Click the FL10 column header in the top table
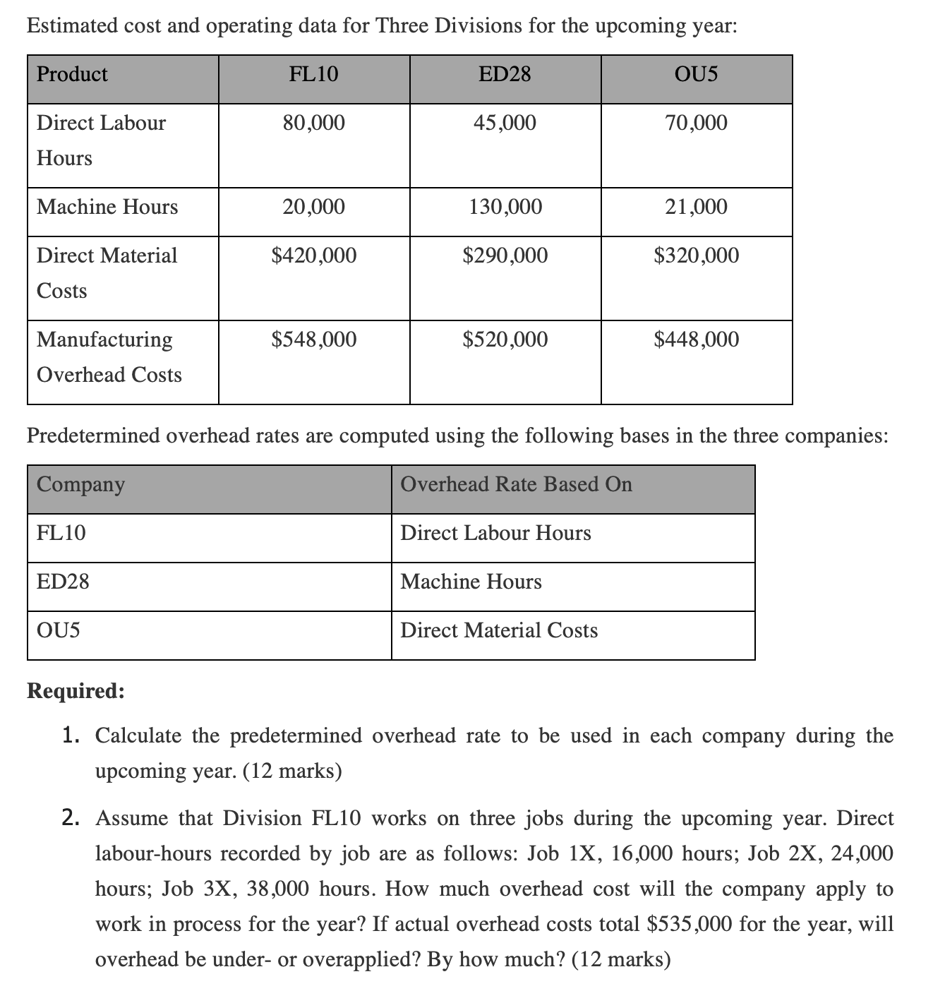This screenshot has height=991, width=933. [x=314, y=74]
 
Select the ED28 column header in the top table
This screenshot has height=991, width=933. [x=505, y=74]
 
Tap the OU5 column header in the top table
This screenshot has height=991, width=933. [x=696, y=74]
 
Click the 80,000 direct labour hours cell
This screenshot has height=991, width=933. [x=314, y=123]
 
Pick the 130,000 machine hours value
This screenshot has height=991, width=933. [x=505, y=207]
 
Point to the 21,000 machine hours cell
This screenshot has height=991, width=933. [x=696, y=207]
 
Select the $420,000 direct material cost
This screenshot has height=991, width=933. [x=314, y=256]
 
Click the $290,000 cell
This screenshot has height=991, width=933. [x=505, y=256]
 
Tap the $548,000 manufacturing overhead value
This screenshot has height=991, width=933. [x=314, y=340]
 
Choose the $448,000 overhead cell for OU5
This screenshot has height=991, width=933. [x=697, y=340]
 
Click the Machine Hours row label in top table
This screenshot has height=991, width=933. [x=107, y=207]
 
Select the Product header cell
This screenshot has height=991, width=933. [x=72, y=74]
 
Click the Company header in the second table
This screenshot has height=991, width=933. [x=80, y=485]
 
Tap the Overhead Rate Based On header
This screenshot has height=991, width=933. [x=516, y=484]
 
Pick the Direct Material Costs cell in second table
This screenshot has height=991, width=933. [x=499, y=630]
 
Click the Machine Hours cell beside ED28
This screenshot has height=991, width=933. [x=471, y=582]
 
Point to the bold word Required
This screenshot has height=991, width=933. [x=76, y=690]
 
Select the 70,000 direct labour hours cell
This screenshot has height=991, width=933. [x=696, y=123]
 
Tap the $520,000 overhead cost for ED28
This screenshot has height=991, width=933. [x=505, y=340]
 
